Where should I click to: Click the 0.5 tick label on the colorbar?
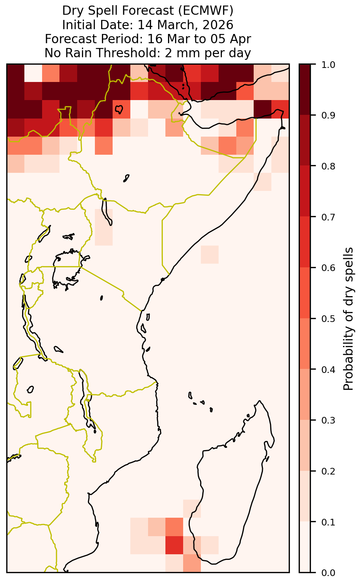(x=328, y=319)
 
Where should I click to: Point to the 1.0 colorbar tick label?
(x=328, y=65)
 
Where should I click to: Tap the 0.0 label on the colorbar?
(x=328, y=573)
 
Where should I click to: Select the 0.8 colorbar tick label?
(x=328, y=166)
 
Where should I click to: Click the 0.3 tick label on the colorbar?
(x=328, y=420)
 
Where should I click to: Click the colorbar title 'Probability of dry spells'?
(x=348, y=319)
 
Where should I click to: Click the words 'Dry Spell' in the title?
(x=90, y=11)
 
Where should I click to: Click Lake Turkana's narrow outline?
(x=107, y=212)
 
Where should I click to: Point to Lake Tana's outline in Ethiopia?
(x=119, y=109)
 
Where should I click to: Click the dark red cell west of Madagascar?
(x=174, y=545)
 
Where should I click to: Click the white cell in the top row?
(x=33, y=73)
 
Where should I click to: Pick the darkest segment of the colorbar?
(x=305, y=89)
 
